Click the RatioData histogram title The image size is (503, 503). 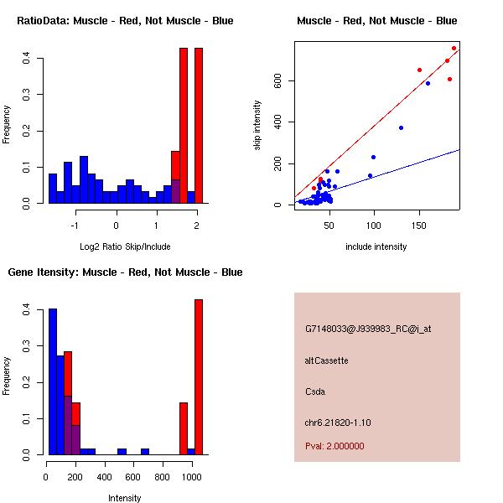(125, 20)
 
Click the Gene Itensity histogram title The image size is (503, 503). (125, 272)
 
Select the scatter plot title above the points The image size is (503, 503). (376, 20)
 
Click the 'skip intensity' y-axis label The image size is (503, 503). (257, 126)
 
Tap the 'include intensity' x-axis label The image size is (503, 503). (376, 246)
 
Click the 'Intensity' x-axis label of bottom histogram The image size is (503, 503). (125, 498)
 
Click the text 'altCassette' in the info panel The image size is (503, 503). (326, 360)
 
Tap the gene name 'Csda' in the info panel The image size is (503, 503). (314, 392)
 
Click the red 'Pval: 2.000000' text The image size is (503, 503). (334, 446)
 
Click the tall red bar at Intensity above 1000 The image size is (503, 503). (199, 377)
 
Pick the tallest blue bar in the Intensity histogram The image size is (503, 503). (52, 381)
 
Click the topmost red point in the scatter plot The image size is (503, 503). (454, 48)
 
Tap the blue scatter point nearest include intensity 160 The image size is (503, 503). (428, 83)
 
